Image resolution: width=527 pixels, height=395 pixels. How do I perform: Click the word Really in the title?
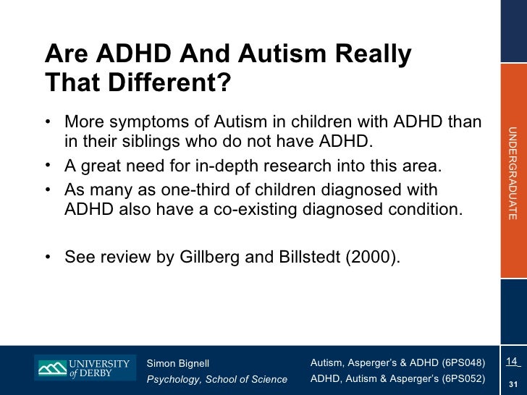pyautogui.click(x=368, y=55)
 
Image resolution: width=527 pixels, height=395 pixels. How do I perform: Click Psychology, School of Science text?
pyautogui.click(x=216, y=379)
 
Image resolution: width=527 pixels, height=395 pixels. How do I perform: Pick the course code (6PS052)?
pyautogui.click(x=459, y=378)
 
